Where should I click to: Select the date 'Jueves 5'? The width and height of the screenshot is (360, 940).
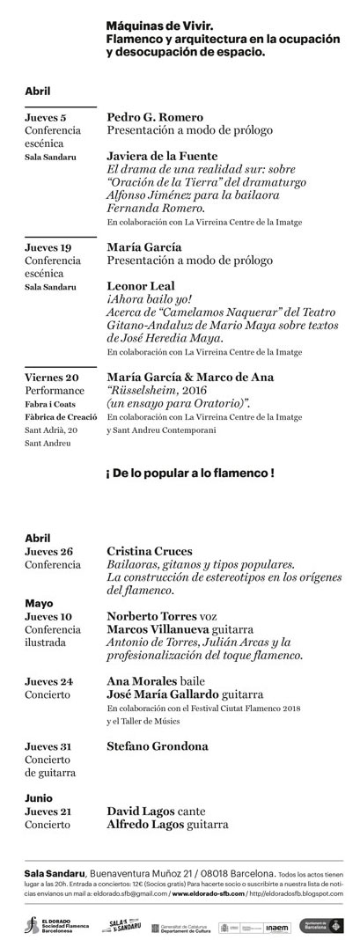pos(46,117)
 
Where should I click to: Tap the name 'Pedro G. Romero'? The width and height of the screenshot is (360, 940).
pos(155,117)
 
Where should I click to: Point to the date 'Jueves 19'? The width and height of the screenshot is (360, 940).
pos(48,247)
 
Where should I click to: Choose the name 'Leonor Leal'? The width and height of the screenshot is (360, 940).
pos(141,286)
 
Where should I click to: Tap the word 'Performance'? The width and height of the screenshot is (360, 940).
pos(55,391)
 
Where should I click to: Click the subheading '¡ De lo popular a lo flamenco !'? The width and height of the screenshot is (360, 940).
pos(190,473)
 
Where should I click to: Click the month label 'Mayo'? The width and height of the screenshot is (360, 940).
pos(39,604)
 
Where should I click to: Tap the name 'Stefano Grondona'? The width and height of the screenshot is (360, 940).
pos(158,746)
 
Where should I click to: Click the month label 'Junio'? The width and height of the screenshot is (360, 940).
pos(40,799)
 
